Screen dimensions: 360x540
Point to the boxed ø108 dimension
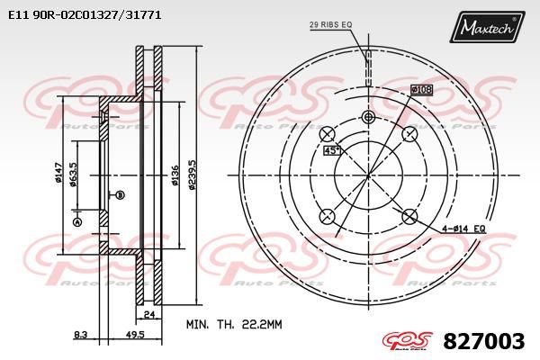tap(422, 89)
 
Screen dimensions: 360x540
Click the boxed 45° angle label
tap(331, 150)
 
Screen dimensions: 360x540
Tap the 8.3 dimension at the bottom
tap(81, 334)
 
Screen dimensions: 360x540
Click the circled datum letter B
tap(121, 194)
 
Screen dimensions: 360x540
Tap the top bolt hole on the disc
tap(367, 118)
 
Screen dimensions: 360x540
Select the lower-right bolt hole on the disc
tap(409, 215)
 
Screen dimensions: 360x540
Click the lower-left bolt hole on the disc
tap(327, 215)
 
